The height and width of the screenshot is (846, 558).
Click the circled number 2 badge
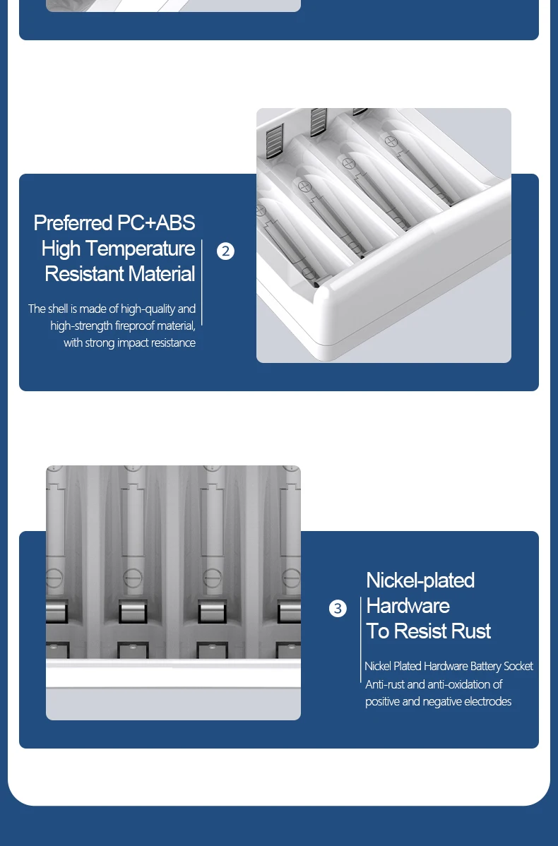click(225, 251)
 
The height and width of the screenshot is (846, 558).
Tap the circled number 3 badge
click(338, 609)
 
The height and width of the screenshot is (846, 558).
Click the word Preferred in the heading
click(72, 223)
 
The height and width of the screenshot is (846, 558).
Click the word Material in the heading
click(158, 273)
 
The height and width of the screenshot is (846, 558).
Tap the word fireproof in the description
click(134, 326)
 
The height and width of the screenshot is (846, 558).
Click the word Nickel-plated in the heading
click(420, 580)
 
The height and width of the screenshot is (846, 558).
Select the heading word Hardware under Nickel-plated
click(408, 606)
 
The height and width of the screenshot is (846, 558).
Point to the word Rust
click(470, 631)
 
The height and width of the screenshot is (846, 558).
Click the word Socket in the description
click(518, 667)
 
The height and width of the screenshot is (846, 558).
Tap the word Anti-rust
click(385, 685)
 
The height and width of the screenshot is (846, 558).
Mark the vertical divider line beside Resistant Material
click(202, 282)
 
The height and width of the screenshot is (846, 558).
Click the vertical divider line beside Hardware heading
click(360, 640)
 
